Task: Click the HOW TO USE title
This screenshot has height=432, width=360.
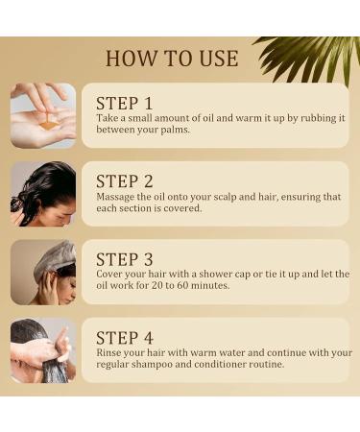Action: pos(172,59)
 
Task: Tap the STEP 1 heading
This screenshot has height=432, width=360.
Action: pos(125,104)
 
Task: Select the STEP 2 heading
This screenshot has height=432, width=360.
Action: pos(125,181)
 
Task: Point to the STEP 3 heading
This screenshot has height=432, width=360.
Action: pos(125,259)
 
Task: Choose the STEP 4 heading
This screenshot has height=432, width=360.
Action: pos(125,338)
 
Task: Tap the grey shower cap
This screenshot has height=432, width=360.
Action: pos(55,259)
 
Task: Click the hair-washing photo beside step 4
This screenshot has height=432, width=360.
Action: pos(43,350)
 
